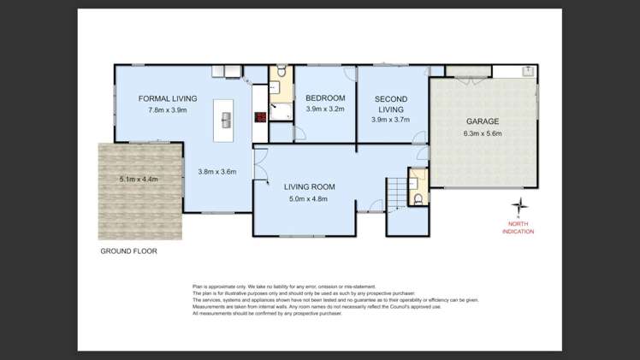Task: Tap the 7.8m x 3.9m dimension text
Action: click(168, 109)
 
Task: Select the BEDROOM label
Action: click(325, 98)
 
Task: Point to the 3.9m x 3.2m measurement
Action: click(325, 109)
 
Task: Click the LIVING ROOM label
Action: click(309, 186)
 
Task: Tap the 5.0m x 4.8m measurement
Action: click(309, 198)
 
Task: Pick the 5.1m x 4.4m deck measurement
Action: click(139, 179)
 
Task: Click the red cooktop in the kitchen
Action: click(259, 118)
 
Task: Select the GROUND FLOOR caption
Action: click(129, 251)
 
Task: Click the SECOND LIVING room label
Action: click(391, 104)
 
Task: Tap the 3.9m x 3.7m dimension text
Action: click(391, 120)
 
